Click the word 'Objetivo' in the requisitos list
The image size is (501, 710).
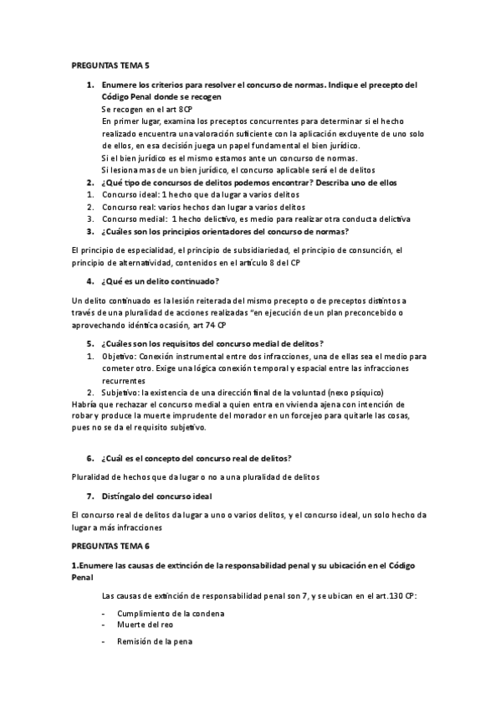pyautogui.click(x=120, y=356)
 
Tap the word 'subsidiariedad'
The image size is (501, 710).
pyautogui.click(x=251, y=250)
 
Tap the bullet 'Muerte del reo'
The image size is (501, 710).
pyautogui.click(x=146, y=625)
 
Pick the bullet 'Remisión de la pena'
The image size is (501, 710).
pyautogui.click(x=155, y=641)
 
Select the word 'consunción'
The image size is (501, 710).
pyautogui.click(x=367, y=250)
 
